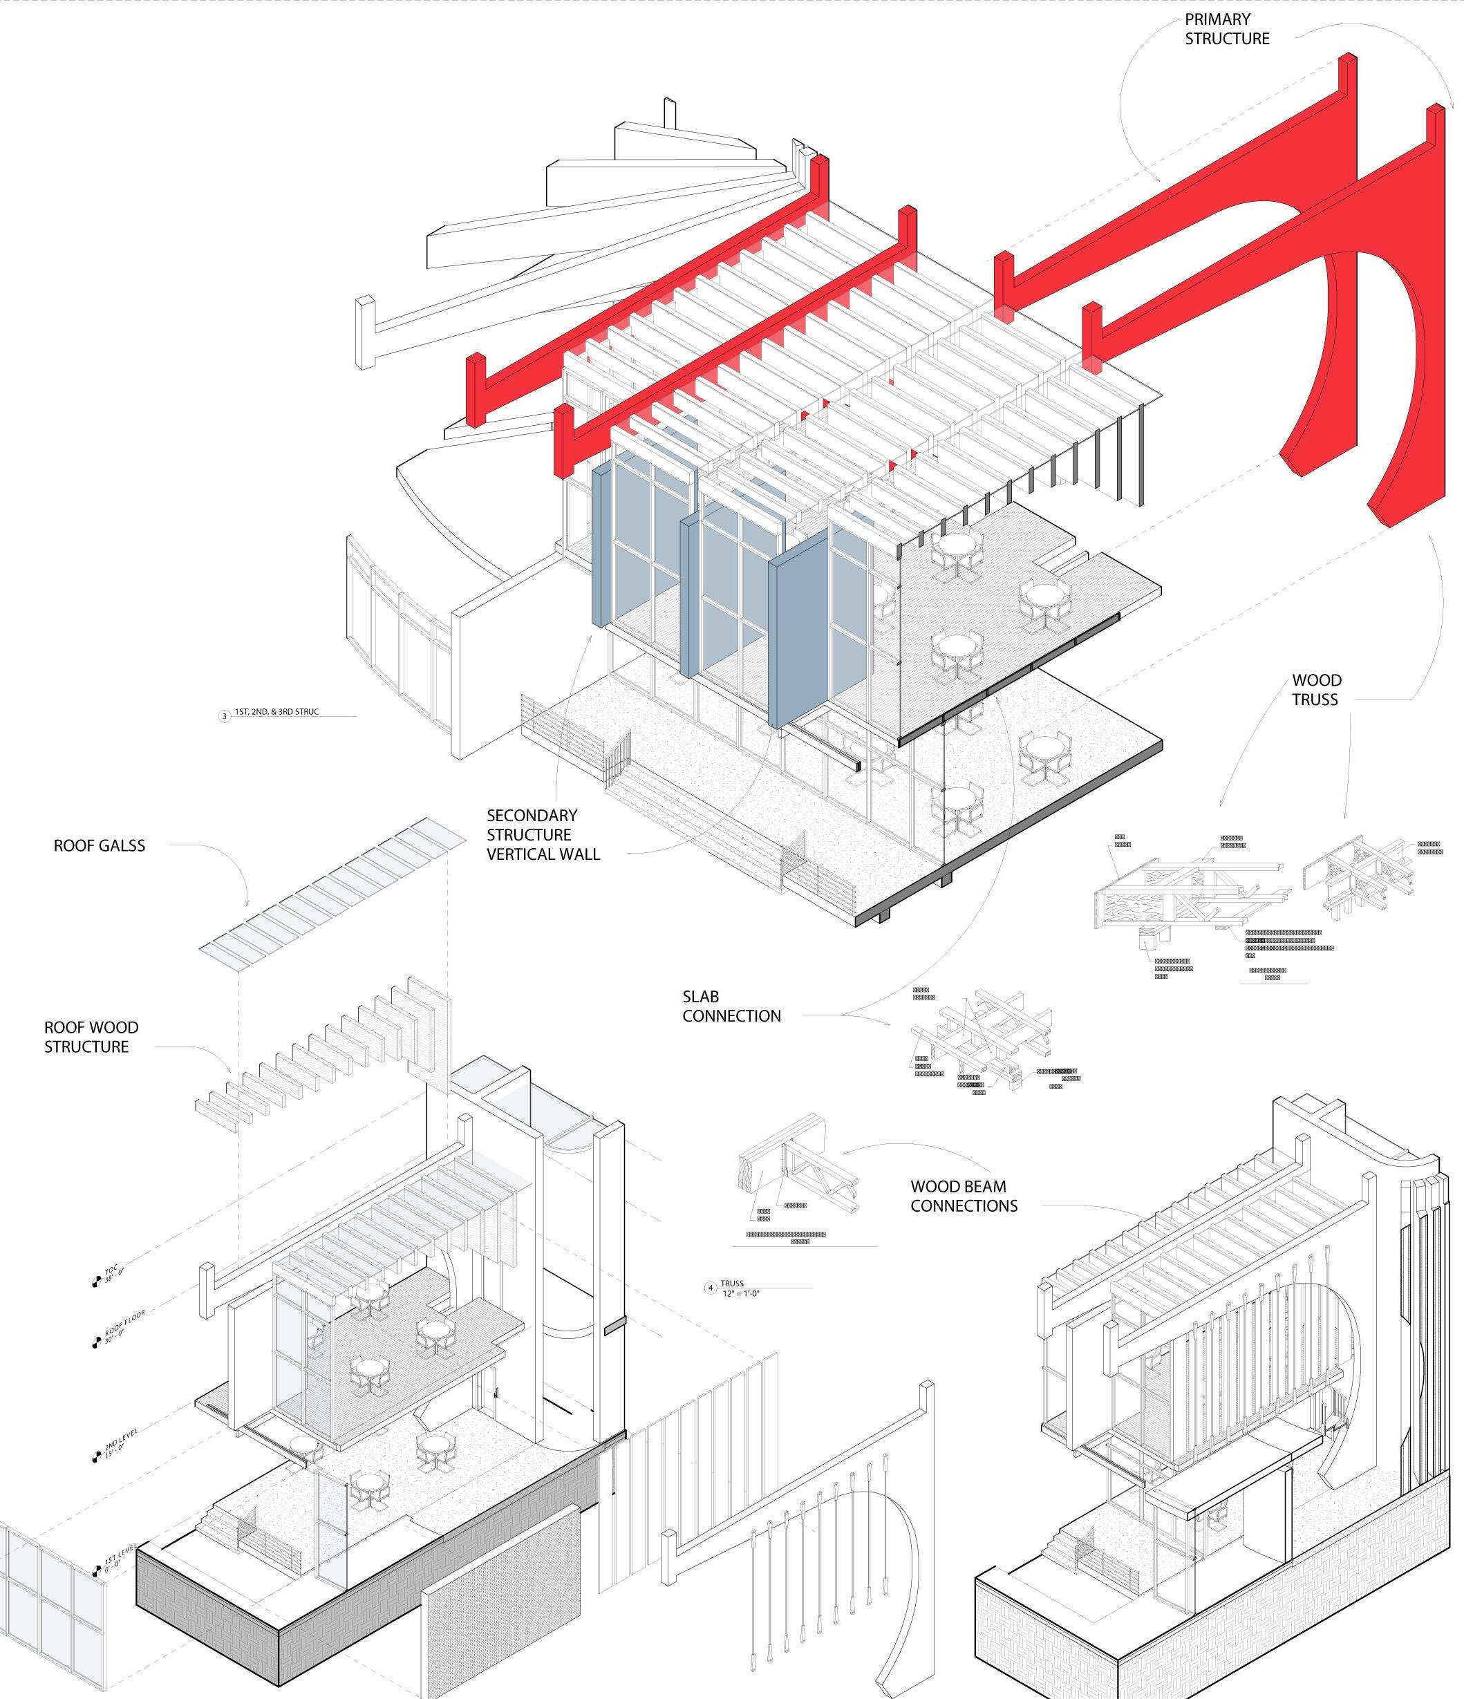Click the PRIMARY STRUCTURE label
[1227, 29]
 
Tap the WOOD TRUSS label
[1316, 690]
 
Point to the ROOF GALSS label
[100, 845]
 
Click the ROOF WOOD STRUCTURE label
[91, 1036]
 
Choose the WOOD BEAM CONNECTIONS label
[964, 1196]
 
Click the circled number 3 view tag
[225, 716]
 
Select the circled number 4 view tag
[711, 1287]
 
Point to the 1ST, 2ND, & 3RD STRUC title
[276, 712]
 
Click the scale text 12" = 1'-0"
[742, 1293]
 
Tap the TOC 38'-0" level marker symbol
[97, 1281]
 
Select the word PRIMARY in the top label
[1217, 19]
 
